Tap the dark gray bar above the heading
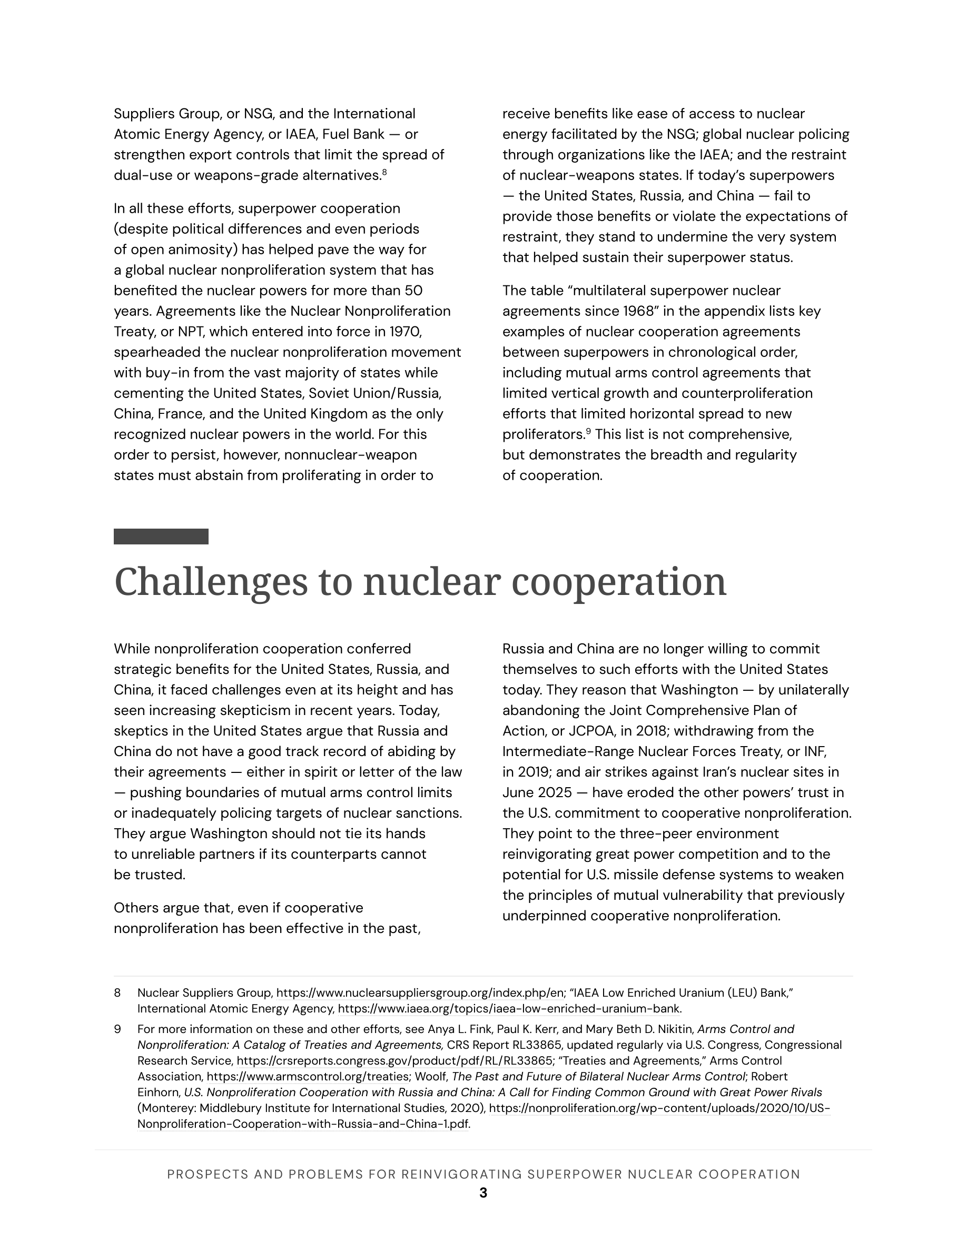pos(161,536)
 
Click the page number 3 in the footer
pos(483,1193)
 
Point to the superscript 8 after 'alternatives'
pos(384,171)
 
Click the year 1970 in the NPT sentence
pos(405,332)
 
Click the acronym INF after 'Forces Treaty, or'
pos(815,751)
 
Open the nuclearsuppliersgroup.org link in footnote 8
pos(420,992)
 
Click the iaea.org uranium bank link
pos(509,1009)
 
